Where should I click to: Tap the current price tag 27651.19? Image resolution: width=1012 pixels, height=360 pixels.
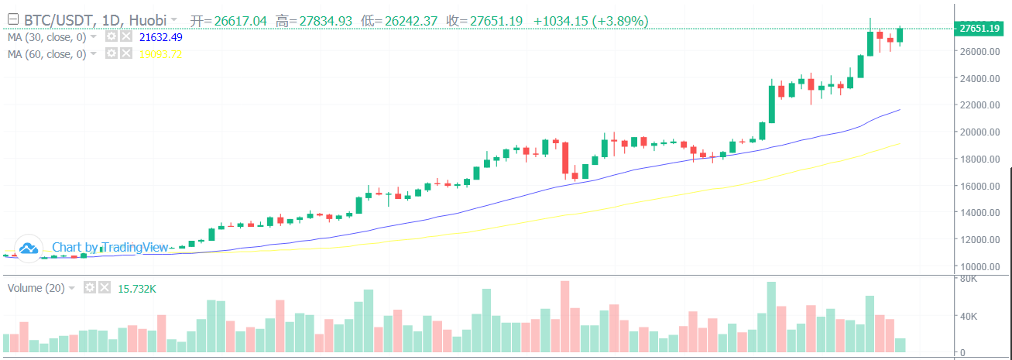pos(980,29)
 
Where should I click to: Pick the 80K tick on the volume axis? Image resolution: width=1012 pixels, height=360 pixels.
pos(968,279)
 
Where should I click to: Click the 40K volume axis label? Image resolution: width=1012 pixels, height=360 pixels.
pos(968,316)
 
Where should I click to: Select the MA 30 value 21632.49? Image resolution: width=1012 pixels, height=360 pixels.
pos(160,37)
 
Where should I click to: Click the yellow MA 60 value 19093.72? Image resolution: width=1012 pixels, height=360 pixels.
pos(160,54)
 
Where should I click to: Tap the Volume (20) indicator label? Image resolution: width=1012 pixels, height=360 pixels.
pos(35,288)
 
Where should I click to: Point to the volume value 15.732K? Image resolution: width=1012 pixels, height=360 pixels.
pos(137,288)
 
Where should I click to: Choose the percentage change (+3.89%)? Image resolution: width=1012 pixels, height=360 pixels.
pos(620,21)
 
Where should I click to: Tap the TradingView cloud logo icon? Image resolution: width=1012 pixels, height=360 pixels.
pos(29,248)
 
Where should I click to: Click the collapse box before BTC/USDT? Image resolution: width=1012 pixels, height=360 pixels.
pos(12,20)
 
